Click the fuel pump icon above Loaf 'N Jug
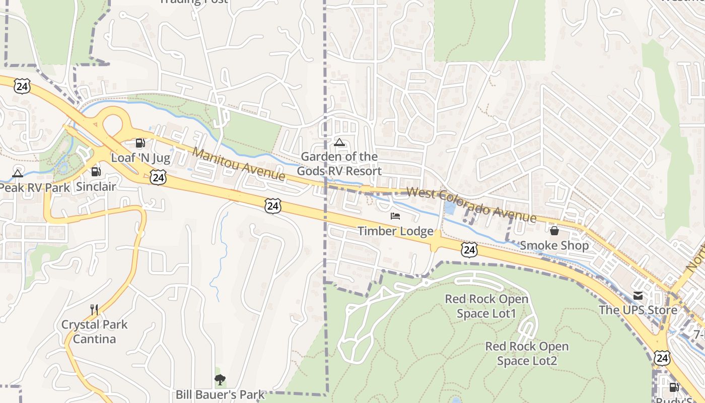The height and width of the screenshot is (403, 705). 140,143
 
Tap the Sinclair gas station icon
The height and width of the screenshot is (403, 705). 96,172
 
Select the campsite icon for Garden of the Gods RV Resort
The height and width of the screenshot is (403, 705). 339,142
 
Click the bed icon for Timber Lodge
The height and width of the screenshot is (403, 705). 395,216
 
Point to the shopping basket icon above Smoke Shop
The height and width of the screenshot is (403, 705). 554,231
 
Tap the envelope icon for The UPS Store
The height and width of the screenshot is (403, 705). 638,295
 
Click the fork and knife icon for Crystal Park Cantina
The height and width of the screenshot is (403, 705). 94,309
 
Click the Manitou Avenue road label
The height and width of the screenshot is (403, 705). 239,164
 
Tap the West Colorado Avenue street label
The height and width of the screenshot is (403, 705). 471,205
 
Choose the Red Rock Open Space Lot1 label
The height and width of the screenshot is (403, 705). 486,306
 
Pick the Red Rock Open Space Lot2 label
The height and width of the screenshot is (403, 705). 527,354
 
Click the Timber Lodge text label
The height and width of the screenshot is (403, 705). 395,231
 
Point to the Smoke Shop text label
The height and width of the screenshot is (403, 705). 554,245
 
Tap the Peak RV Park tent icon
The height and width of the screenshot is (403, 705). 18,174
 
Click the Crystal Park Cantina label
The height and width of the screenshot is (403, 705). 94,331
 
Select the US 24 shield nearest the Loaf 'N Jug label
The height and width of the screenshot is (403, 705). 158,177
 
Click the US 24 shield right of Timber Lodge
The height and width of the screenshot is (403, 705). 469,249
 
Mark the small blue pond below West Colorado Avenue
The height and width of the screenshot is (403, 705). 450,207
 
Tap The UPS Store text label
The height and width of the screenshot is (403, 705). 638,310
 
